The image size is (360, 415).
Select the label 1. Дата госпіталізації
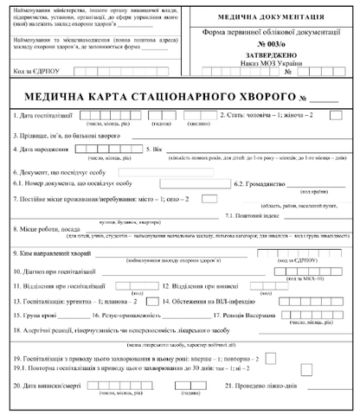point(46,115)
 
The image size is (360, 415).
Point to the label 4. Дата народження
point(42,149)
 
